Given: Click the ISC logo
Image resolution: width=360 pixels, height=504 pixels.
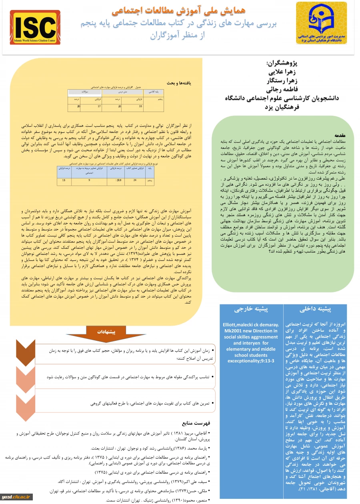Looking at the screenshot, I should pyautogui.click(x=35, y=28).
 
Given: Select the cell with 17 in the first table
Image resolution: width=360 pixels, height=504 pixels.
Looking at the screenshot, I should pyautogui.click(x=99, y=106).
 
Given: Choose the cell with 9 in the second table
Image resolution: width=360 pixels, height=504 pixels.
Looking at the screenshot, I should pyautogui.click(x=89, y=180).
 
